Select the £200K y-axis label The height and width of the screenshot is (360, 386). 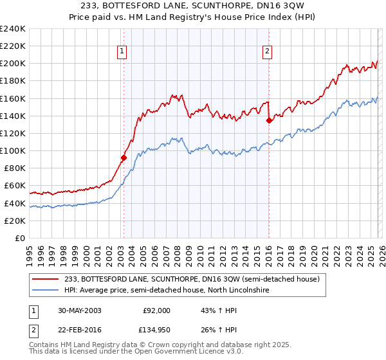pyautogui.click(x=13, y=64)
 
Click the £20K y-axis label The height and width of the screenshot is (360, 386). pyautogui.click(x=15, y=221)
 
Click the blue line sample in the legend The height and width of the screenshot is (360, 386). pyautogui.click(x=46, y=291)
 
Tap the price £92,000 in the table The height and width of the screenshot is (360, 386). pyautogui.click(x=156, y=310)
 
